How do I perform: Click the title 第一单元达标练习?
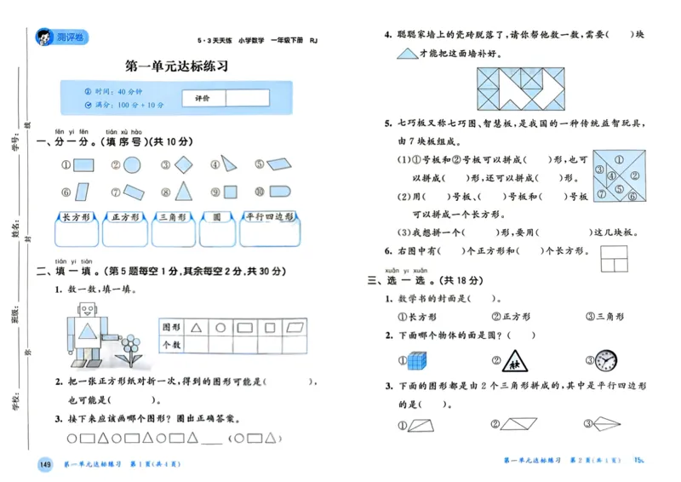tap(176, 66)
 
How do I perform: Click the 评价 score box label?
tap(203, 98)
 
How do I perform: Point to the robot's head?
tap(87, 311)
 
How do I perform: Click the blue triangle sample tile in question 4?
tap(406, 53)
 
